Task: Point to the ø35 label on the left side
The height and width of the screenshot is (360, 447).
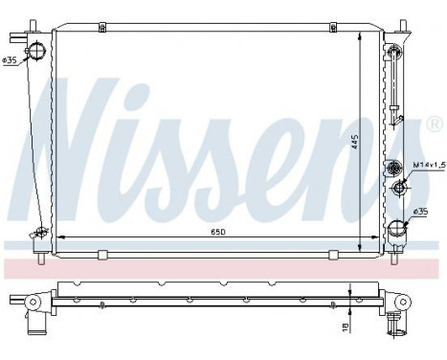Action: [x=11, y=62]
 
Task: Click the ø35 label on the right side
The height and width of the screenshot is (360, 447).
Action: [x=423, y=211]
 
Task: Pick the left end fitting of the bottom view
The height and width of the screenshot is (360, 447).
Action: [x=32, y=304]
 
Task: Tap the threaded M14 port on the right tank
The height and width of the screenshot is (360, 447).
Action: [x=397, y=169]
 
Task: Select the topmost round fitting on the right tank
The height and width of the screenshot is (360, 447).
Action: [x=394, y=49]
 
